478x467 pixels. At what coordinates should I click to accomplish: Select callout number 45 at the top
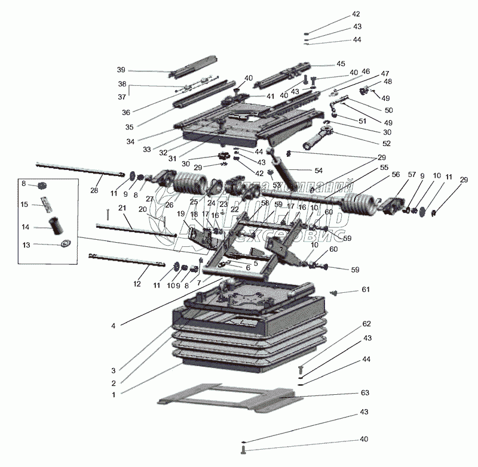(341, 63)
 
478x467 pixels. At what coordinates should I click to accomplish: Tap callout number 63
(365, 393)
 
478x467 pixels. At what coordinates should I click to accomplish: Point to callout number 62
(367, 324)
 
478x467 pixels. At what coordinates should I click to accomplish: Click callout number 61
(365, 289)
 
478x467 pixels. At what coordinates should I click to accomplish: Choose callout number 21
(122, 208)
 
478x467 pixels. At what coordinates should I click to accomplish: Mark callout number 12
(137, 284)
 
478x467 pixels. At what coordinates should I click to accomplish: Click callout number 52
(387, 143)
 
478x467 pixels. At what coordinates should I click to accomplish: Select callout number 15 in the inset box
(24, 205)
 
